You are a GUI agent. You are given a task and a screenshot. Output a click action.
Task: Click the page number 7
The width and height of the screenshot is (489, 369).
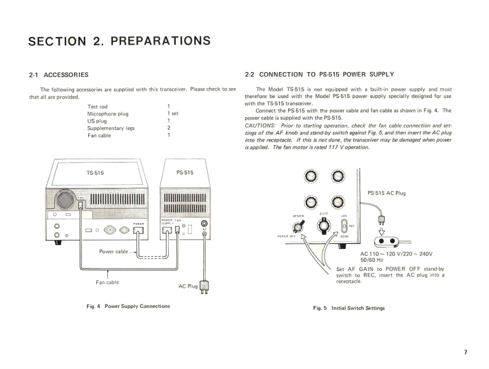click(x=466, y=352)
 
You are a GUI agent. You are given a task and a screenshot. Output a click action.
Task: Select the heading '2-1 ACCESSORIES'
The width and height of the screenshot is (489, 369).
click(x=59, y=75)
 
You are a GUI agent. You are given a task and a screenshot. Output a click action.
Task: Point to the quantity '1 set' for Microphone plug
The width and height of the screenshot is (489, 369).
click(x=173, y=114)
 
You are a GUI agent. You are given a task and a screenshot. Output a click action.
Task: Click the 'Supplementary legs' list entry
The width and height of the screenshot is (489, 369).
click(x=111, y=128)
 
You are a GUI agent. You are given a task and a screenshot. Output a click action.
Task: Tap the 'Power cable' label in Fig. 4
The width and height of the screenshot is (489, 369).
click(x=113, y=251)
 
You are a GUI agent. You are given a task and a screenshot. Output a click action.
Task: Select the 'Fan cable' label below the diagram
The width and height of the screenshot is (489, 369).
click(x=107, y=282)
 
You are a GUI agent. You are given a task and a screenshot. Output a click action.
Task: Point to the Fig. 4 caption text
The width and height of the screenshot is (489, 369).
click(x=129, y=306)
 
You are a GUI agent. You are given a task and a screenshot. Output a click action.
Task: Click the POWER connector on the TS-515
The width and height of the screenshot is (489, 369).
click(x=139, y=231)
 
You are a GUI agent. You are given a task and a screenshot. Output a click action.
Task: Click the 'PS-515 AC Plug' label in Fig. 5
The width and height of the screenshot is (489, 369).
click(x=387, y=193)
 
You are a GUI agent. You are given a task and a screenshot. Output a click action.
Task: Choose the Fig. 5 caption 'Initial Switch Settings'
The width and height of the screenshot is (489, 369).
click(x=349, y=308)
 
